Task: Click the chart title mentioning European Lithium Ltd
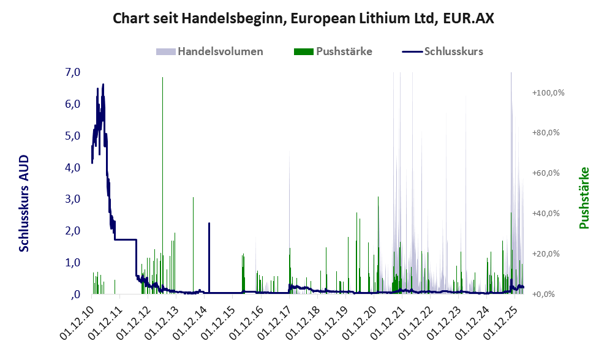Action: pos(303,19)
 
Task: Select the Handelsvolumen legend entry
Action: pos(220,51)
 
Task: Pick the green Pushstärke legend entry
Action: pos(344,51)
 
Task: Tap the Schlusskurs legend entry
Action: pos(453,51)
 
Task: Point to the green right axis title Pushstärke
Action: pos(584,198)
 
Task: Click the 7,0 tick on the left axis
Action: pos(72,72)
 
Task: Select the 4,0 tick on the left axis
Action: pos(72,167)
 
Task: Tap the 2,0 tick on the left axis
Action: pos(72,231)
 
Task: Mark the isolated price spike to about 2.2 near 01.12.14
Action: pos(209,224)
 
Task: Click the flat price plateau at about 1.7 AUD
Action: pos(126,239)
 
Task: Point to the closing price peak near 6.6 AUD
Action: pos(103,84)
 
